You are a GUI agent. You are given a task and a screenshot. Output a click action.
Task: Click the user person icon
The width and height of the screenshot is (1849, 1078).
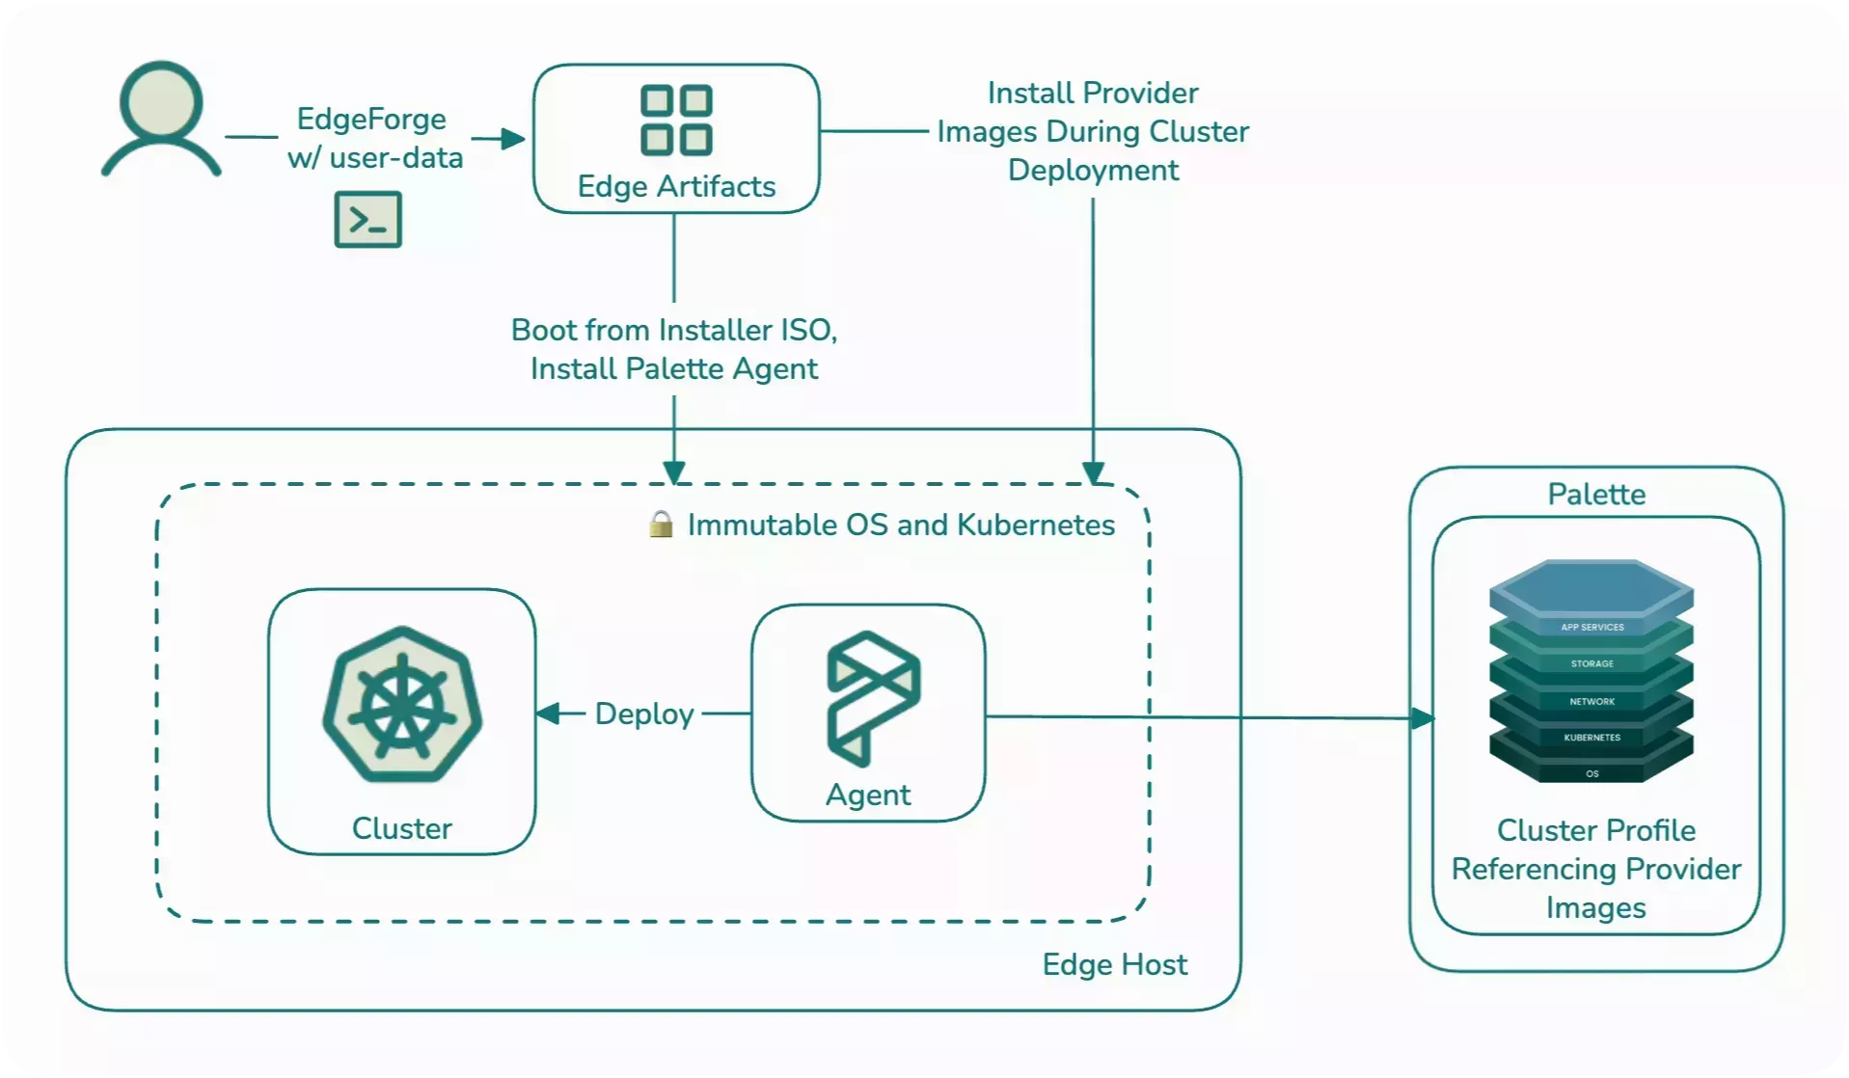click(x=161, y=120)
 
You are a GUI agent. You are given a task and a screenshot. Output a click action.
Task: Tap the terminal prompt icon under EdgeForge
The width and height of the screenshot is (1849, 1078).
click(x=367, y=220)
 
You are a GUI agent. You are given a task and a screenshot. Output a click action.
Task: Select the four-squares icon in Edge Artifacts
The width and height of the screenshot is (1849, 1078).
click(x=676, y=121)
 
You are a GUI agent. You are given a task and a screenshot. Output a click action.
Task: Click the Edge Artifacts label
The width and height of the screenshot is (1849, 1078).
click(x=676, y=186)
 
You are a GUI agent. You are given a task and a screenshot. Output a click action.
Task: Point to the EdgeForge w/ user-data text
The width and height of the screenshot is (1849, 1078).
click(x=374, y=138)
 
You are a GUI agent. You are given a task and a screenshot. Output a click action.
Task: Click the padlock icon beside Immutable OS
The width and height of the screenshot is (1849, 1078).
click(x=661, y=525)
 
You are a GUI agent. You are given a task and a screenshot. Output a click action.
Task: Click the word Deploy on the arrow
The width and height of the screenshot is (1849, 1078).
click(x=644, y=714)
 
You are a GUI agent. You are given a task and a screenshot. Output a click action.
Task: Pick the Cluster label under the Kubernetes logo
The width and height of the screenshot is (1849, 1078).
click(x=402, y=828)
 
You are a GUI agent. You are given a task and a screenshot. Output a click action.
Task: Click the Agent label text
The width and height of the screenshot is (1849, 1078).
click(x=868, y=795)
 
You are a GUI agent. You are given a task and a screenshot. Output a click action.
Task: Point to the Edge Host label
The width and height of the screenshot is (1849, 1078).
click(x=1114, y=964)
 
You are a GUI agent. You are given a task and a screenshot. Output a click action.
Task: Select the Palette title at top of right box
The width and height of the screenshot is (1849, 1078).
click(x=1596, y=495)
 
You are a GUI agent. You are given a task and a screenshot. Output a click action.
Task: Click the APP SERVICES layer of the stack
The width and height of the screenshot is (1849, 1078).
click(x=1592, y=628)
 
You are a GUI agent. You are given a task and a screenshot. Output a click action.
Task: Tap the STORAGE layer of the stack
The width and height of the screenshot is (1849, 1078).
click(x=1592, y=664)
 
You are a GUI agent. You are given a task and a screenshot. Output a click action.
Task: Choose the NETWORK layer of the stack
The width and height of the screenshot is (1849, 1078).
click(x=1592, y=702)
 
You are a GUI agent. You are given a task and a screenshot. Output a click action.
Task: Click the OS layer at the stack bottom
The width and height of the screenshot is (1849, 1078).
click(x=1592, y=773)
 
